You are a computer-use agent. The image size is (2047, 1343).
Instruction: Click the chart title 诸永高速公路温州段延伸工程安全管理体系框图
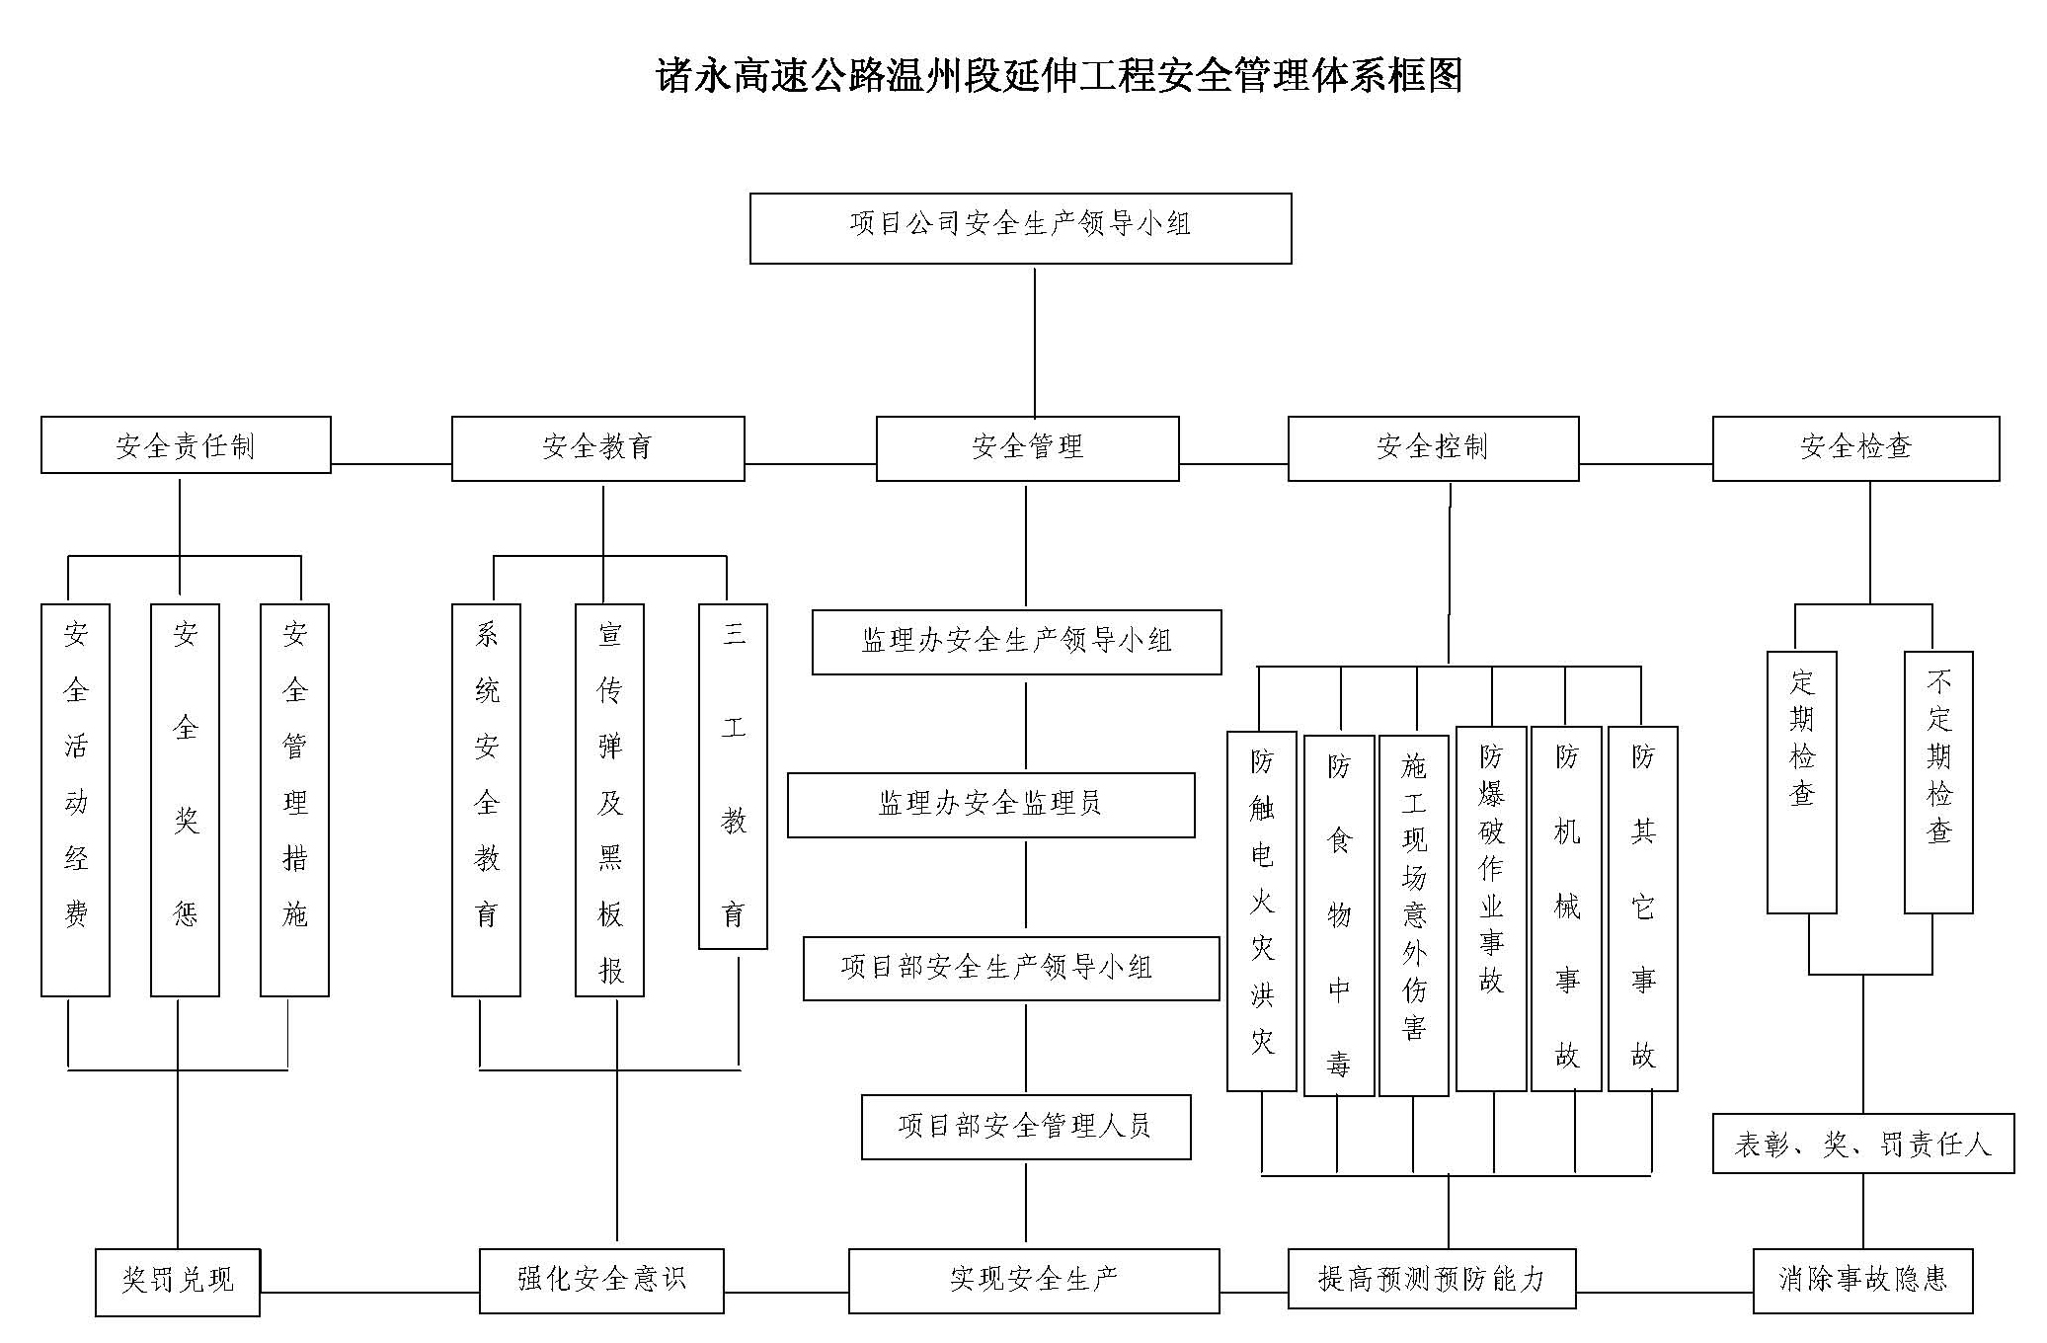[1059, 76]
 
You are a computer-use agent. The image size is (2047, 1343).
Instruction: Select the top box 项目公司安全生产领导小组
[1020, 228]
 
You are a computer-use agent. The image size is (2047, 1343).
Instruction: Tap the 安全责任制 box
[186, 445]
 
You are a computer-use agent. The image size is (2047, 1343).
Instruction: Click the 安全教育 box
[597, 448]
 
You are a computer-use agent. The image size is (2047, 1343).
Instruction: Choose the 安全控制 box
[1433, 448]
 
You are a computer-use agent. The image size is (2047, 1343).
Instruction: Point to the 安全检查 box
[1855, 448]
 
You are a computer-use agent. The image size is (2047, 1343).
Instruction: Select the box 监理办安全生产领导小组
[1016, 642]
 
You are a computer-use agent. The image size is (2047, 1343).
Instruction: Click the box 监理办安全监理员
[990, 805]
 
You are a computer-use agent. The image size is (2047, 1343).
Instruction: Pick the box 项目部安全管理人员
[1026, 1127]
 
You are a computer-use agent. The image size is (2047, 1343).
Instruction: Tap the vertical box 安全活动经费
[75, 800]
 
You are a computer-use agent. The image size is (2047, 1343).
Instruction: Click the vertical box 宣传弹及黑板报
[609, 800]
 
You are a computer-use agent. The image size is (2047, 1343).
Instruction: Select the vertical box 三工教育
[733, 776]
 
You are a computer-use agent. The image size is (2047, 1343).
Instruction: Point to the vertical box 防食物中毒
[1339, 915]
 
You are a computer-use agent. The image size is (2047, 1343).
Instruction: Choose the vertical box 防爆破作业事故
[1491, 908]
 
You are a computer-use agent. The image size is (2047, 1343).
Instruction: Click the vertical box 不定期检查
[1938, 782]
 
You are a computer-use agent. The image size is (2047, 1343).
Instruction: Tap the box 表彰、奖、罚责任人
[1862, 1144]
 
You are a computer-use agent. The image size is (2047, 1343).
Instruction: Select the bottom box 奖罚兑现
[178, 1282]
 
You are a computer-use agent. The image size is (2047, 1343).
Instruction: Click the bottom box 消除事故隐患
[1862, 1281]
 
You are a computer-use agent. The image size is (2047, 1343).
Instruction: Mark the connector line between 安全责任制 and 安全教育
[391, 463]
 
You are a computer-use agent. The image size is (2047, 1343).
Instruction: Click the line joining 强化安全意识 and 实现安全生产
[786, 1292]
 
